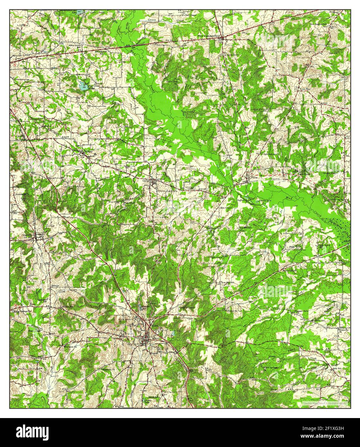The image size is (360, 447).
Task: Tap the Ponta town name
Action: (254, 177)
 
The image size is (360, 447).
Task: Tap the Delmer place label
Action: (56, 285)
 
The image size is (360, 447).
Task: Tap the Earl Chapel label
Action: (190, 15)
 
